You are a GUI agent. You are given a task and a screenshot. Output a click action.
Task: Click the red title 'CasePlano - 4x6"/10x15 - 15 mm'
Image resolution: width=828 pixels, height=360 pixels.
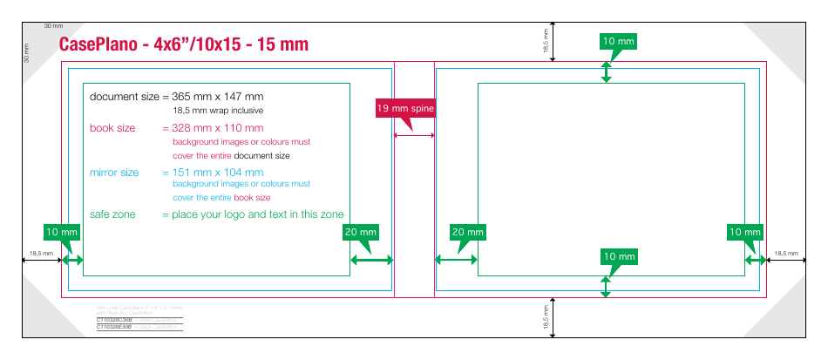(183, 44)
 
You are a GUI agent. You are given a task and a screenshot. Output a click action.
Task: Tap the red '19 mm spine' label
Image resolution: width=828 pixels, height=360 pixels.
(404, 108)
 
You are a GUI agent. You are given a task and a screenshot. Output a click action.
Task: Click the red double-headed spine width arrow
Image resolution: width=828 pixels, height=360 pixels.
(414, 135)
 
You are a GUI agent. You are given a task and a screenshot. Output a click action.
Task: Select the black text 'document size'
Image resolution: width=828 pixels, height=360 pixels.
(125, 96)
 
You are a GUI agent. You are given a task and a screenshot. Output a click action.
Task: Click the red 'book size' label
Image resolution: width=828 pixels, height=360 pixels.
(112, 128)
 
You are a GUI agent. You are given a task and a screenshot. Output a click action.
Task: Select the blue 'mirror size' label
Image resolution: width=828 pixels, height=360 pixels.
(114, 172)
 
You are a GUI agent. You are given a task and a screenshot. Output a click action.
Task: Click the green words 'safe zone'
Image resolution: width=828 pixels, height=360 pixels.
(112, 214)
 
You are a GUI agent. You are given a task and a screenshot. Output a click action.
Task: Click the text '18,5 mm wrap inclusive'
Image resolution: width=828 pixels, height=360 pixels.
(218, 111)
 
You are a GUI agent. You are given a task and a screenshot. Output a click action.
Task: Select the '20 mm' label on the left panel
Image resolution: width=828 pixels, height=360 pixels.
(360, 232)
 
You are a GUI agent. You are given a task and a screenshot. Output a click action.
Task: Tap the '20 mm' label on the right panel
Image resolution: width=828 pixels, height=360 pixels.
(467, 232)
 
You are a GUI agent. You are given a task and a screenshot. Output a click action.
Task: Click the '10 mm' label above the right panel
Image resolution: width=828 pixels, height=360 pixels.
(619, 41)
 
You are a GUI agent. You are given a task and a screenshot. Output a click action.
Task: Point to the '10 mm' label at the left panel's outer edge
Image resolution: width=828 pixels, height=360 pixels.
(62, 232)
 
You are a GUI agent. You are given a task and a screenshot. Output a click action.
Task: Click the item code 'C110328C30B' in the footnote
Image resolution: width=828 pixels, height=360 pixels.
(114, 320)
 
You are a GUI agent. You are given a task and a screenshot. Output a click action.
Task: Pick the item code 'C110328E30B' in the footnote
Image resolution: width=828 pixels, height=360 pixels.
(114, 326)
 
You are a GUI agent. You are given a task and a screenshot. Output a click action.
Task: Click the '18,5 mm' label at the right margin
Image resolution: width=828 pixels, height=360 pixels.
(786, 253)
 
